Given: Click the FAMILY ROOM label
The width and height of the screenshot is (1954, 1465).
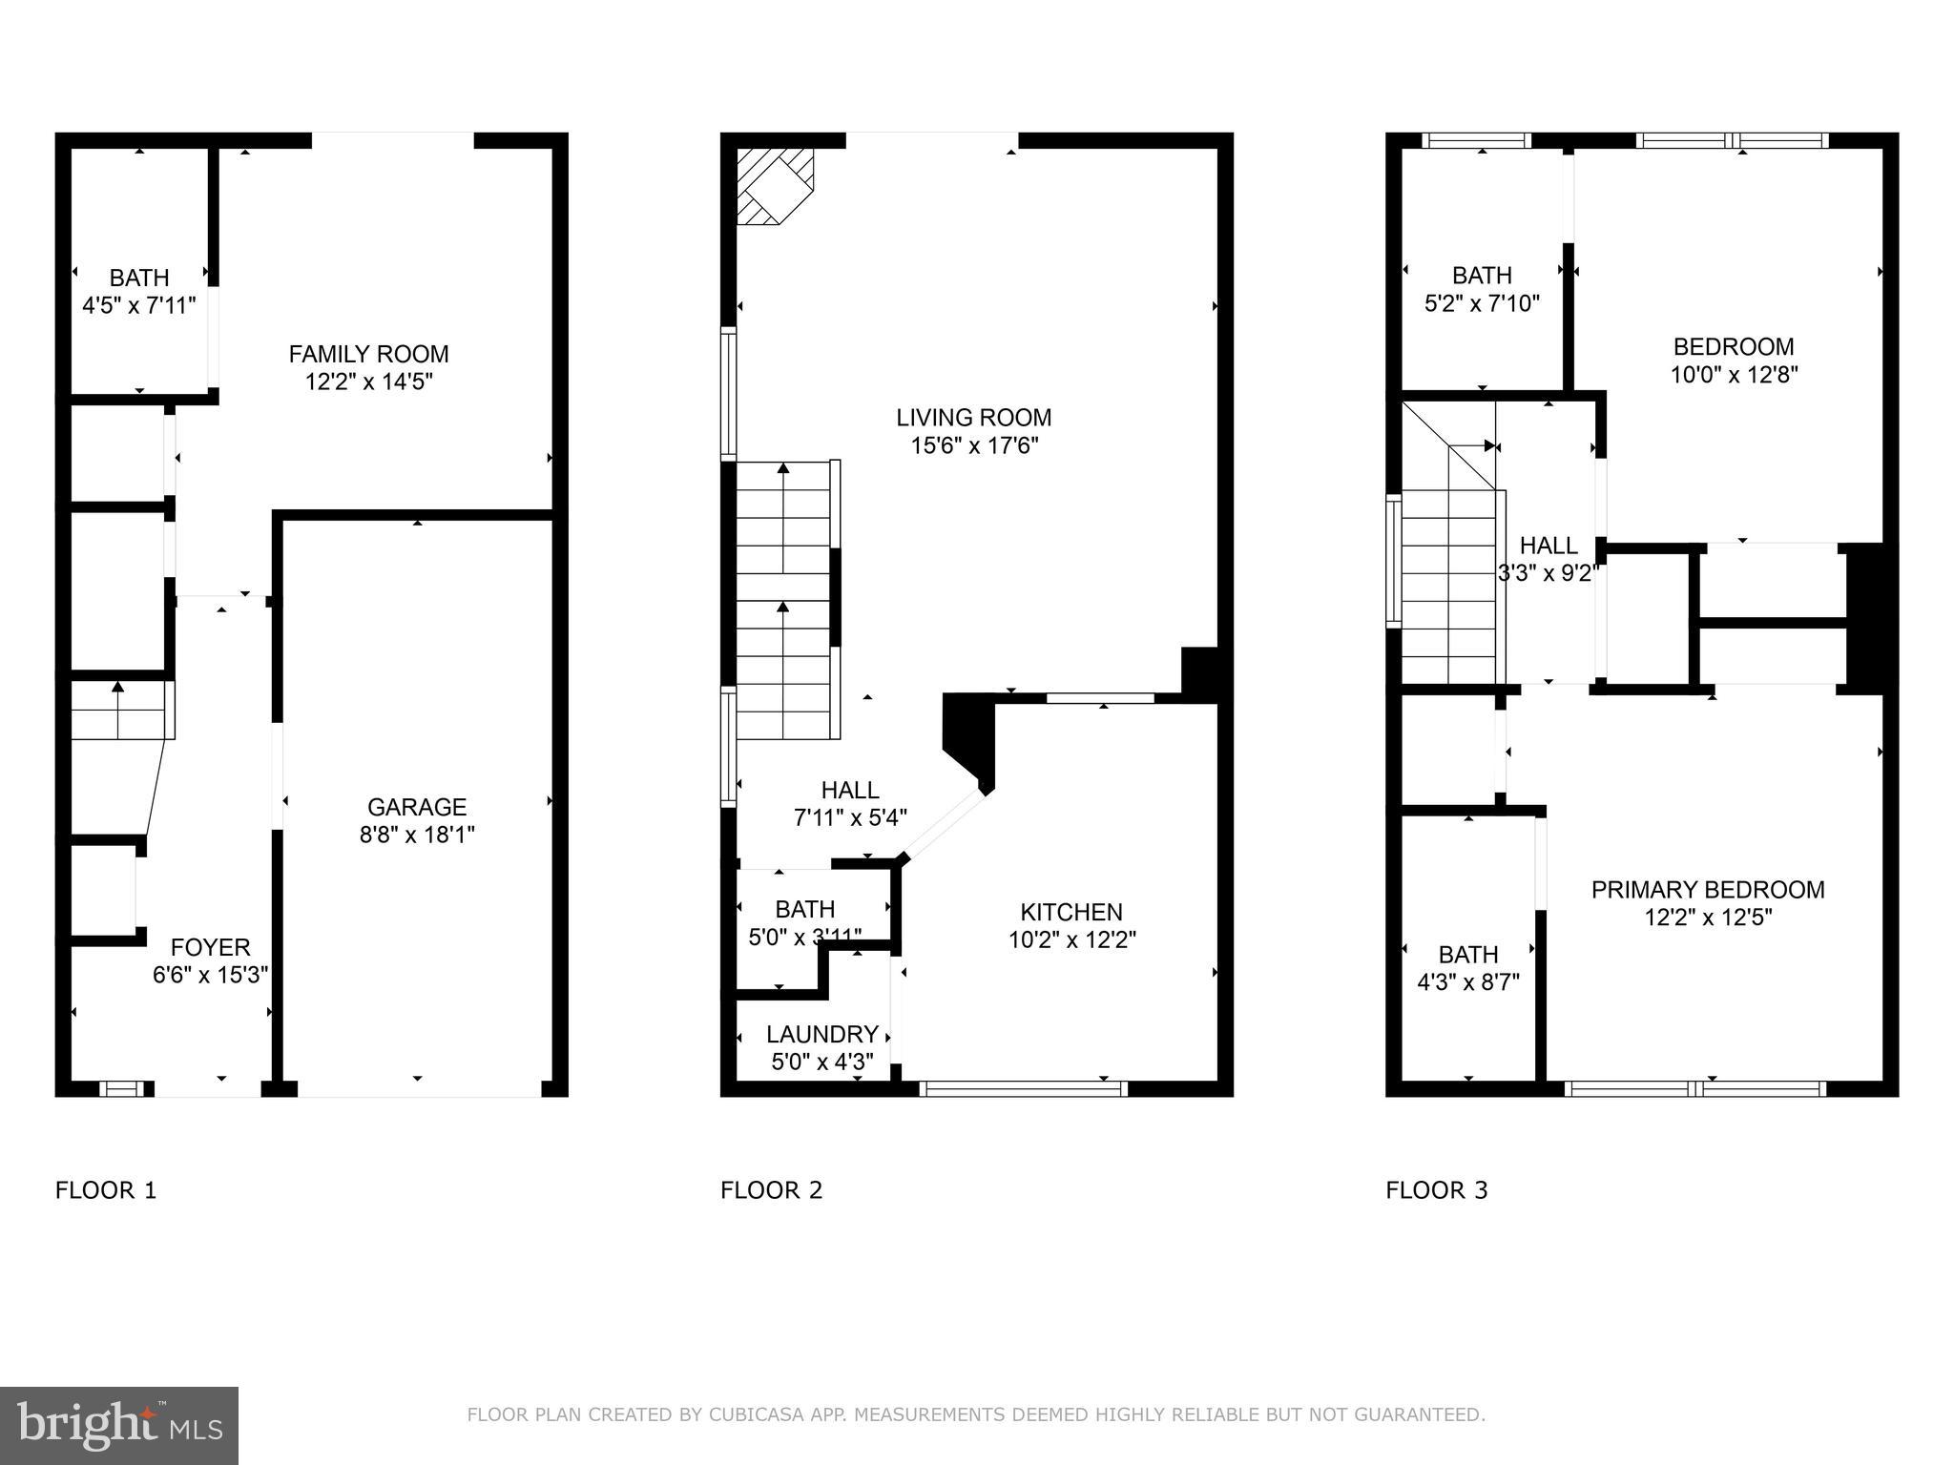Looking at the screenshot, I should point(368,354).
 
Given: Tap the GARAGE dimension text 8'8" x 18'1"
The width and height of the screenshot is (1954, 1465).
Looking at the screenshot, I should point(416,835).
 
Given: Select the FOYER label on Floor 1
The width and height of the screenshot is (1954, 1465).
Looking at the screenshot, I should point(210,947).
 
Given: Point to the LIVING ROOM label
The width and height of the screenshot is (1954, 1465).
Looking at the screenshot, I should point(973,417).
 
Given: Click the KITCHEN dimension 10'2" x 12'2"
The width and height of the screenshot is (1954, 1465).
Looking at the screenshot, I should point(1071,939).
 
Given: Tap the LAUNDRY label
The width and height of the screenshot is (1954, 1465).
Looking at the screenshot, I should point(821,1034).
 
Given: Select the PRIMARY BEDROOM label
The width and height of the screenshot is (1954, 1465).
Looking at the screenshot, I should point(1707,889).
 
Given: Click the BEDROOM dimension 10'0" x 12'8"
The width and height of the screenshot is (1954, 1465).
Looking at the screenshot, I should point(1733,375).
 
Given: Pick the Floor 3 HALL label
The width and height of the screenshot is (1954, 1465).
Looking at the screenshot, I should point(1548,546).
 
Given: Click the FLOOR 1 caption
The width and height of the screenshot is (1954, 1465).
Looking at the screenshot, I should point(105,1190).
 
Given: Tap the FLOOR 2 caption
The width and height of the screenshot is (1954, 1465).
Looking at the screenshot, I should point(771,1190).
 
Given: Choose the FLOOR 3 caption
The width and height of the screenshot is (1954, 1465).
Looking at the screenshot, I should point(1436,1190).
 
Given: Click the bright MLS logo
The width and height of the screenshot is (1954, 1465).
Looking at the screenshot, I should point(119,1425).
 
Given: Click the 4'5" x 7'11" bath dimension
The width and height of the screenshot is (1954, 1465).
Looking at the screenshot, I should point(139,305).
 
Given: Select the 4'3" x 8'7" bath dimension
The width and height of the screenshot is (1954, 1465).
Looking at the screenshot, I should point(1467,981).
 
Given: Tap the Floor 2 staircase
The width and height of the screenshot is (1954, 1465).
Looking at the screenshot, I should point(784,601).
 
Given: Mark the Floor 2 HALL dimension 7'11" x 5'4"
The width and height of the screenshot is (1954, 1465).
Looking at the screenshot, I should point(849,817).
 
